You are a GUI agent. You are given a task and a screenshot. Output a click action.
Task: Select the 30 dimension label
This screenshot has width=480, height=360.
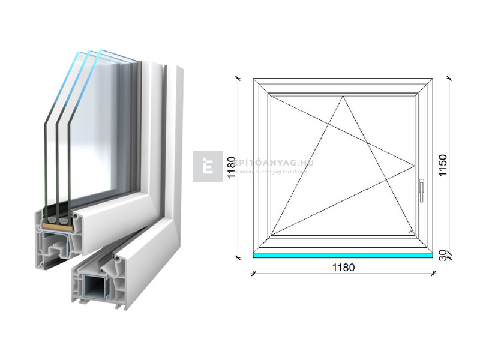pos(442,254)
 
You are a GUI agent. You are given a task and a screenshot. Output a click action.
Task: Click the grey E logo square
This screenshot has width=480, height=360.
pos(208,166)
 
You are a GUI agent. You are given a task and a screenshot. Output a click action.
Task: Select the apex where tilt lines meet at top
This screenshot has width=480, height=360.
pos(344,96)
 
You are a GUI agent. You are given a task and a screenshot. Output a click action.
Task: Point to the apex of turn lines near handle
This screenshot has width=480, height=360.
pos(415,165)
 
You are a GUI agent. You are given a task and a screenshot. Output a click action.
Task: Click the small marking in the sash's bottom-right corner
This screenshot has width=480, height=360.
pos(411,231)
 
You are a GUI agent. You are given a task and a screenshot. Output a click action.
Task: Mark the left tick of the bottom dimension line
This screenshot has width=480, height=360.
pos(253,274)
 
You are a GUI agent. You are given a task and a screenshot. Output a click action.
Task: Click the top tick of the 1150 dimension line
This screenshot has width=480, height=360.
pos(449,78)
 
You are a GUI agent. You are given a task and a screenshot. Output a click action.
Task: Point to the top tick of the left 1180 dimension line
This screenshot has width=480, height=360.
pos(239,78)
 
